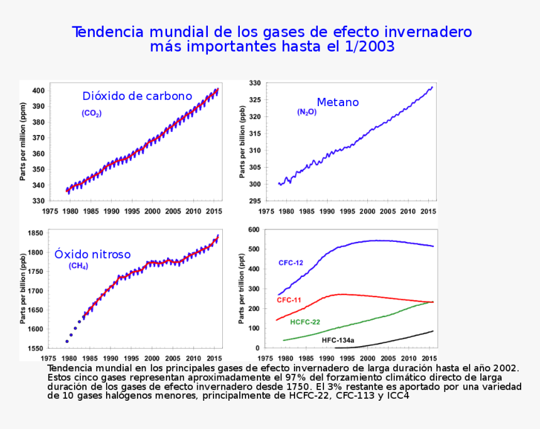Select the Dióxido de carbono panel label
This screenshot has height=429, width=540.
[x=137, y=96]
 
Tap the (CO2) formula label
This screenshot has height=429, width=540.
[x=91, y=114]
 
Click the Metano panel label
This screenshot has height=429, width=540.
[x=338, y=102]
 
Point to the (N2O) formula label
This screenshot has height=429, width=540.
[x=306, y=112]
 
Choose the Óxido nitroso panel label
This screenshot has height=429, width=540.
[x=92, y=254]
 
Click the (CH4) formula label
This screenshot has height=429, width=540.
[x=78, y=266]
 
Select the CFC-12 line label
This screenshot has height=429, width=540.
[x=291, y=263]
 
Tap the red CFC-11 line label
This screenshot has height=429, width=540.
[x=289, y=300]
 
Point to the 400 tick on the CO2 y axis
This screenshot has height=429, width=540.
[x=38, y=90]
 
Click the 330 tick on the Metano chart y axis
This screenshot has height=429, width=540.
[x=254, y=83]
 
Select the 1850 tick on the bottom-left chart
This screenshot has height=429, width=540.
[x=35, y=233]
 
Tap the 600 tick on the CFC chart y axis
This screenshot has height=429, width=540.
[x=254, y=230]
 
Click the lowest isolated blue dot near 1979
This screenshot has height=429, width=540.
[x=67, y=341]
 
